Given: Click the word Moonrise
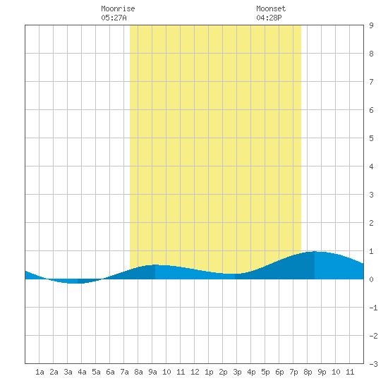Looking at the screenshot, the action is tap(118, 8).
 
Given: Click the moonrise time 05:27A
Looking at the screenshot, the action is tap(114, 18).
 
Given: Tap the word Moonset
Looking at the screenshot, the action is tap(271, 8).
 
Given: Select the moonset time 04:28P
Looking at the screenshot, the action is tap(269, 18).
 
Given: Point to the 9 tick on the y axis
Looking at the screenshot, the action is tap(371, 25).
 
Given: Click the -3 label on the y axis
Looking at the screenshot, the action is tap(373, 364).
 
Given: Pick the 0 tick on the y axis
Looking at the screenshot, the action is tap(371, 279).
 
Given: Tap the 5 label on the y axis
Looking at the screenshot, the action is tap(371, 138).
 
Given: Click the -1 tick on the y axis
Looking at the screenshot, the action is tap(373, 308).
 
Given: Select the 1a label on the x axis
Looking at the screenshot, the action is tap(40, 372).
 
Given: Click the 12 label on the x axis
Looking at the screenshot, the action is tap(195, 372).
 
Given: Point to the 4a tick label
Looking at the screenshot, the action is tap(82, 372).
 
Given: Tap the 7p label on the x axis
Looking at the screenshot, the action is tap(293, 372).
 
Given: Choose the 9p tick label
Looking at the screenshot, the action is tap(322, 372).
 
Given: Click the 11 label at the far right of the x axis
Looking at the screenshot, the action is tap(350, 372).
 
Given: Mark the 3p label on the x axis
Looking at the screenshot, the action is tap(237, 372).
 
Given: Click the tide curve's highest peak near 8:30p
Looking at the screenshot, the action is tap(315, 251).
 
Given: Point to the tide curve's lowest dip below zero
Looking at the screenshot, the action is tap(74, 283).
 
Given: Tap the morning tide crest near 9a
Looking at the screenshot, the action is tap(155, 265).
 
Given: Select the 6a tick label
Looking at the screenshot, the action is tap(110, 372).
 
